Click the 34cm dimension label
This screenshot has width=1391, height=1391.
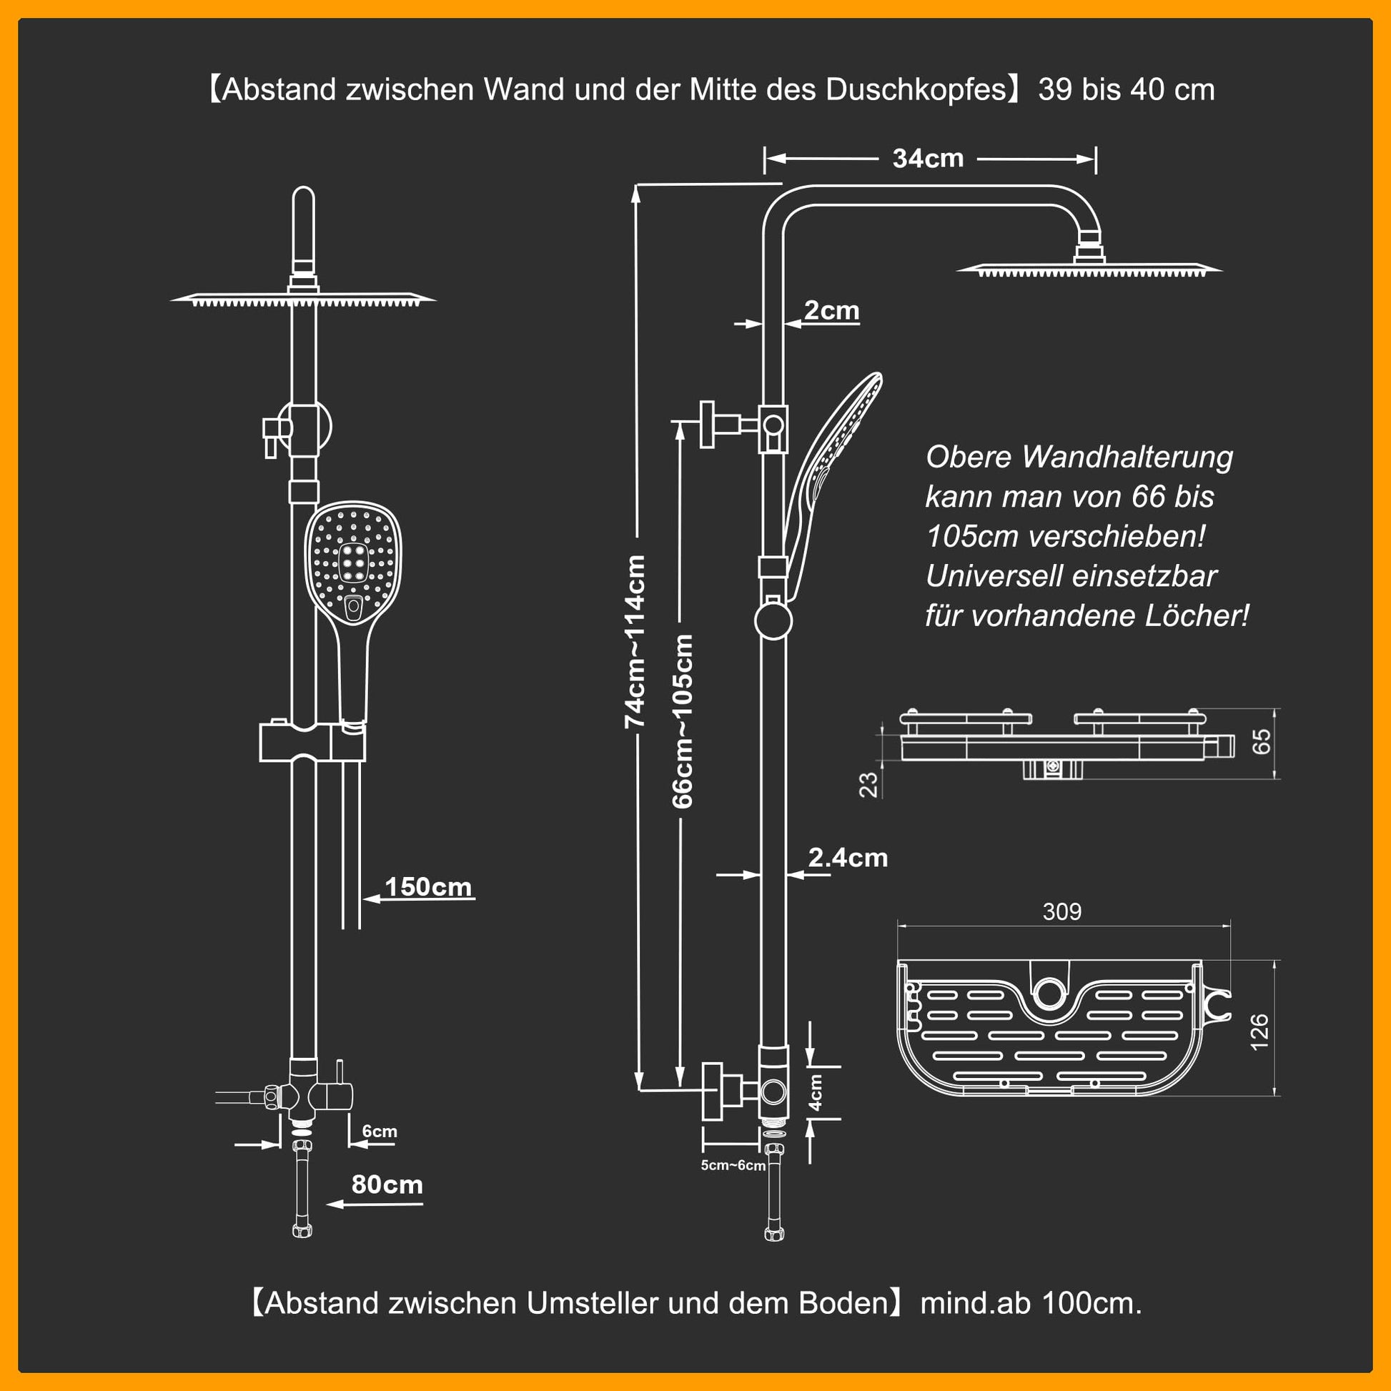pos(927,159)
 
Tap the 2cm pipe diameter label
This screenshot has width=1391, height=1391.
pos(831,310)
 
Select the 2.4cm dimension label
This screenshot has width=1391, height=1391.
pos(848,858)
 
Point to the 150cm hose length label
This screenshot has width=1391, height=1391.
pos(427,886)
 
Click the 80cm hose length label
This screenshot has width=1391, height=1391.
pos(387,1184)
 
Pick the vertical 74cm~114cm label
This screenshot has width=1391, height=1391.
pos(634,641)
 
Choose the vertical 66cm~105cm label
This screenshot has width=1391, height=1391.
pos(683,721)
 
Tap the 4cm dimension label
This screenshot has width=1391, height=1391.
pos(816,1092)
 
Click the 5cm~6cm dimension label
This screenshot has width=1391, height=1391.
pos(733,1166)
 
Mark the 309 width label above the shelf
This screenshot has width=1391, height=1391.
pos(1062,911)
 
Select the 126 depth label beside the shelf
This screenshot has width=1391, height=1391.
pos(1259,1031)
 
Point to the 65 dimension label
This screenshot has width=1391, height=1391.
pos(1262,741)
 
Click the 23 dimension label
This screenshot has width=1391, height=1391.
pos(870,785)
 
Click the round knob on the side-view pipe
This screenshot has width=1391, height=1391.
pos(773,620)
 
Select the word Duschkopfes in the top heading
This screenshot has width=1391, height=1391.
pos(915,90)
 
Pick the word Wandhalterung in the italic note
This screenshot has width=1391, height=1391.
pos(1127,458)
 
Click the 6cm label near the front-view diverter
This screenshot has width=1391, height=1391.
pos(380,1131)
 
